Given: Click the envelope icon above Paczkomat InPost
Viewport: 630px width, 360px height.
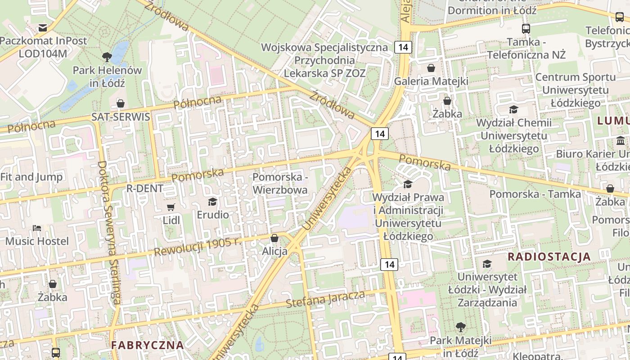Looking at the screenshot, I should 43,28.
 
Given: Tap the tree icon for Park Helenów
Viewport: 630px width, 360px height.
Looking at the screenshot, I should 107,57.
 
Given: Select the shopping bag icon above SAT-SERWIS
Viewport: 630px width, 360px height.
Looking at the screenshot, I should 121,104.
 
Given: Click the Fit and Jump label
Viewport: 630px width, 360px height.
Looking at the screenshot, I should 31,177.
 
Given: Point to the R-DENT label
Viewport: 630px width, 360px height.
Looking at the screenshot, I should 145,189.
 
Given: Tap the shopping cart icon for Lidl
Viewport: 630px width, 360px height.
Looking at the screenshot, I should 171,207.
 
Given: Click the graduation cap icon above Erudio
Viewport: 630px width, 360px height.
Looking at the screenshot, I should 213,202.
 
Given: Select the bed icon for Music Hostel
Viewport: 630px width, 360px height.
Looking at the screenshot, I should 37,228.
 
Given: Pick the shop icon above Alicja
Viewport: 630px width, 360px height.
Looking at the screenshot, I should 274,238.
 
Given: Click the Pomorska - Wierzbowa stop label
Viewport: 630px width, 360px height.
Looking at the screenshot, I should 280,184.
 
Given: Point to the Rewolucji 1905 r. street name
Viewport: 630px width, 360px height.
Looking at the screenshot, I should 196,247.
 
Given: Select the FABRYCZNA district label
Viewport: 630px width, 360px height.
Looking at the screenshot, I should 148,345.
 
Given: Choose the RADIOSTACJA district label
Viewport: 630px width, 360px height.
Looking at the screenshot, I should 549,257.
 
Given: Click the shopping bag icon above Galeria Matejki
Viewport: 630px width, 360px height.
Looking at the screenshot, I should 431,68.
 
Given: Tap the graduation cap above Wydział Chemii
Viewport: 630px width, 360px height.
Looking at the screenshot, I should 513,109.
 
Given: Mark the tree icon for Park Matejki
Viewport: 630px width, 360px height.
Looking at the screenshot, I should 460,327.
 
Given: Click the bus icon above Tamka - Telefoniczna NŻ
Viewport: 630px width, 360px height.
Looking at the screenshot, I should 526,29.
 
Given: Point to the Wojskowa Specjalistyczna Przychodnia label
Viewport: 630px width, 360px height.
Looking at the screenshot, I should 324,60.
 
